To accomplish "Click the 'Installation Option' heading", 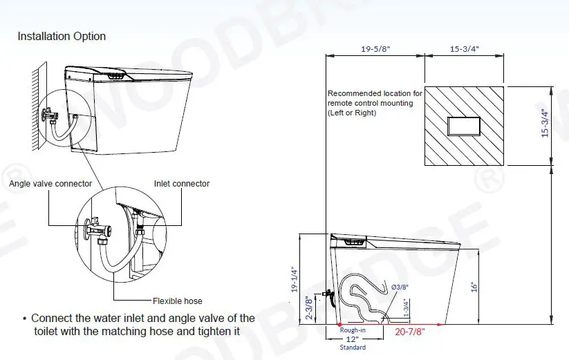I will point(62,37).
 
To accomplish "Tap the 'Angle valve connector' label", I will point(50,184).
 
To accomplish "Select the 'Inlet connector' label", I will point(181,184).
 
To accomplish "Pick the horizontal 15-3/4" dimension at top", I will point(465,49).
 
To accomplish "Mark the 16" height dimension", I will point(473,286).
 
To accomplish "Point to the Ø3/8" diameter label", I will point(400,286).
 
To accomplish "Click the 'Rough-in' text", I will point(352,330).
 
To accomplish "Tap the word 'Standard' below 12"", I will point(352,347).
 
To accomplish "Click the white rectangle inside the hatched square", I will point(463,126).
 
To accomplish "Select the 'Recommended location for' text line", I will point(374,93).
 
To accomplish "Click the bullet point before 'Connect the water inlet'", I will point(24,319).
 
